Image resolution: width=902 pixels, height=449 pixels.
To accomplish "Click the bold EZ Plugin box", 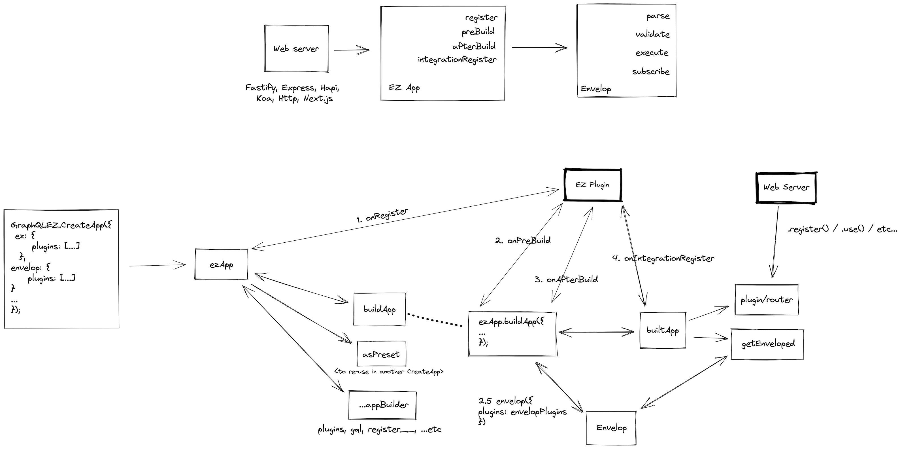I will [x=592, y=185].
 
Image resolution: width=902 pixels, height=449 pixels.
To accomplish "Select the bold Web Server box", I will [x=786, y=187].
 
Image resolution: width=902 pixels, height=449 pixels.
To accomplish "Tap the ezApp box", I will [x=221, y=264].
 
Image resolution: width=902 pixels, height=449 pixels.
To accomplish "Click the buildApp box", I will [x=380, y=309].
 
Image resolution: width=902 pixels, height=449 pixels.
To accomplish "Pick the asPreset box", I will [x=381, y=354].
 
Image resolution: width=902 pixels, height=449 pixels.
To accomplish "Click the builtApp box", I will [x=663, y=330].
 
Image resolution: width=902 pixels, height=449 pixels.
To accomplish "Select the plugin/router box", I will [x=767, y=300].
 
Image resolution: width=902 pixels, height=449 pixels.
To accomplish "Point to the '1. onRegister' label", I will [x=382, y=215].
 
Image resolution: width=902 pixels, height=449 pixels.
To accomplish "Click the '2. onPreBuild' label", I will [x=523, y=241].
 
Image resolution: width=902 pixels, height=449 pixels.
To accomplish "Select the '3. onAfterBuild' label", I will [x=566, y=279].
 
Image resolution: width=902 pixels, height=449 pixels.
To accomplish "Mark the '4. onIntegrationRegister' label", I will [x=663, y=259].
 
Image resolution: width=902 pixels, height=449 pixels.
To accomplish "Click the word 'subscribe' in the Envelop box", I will [x=651, y=72].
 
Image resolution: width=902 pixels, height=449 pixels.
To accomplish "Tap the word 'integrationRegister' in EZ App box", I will [x=457, y=60].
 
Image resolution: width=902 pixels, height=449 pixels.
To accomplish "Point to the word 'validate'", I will [x=652, y=34].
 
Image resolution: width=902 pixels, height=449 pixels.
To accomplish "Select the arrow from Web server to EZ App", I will [x=351, y=50].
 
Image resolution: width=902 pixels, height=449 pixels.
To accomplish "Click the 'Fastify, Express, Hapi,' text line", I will [x=292, y=88].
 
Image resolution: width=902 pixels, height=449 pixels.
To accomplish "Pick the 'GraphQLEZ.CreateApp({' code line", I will [x=61, y=225].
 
